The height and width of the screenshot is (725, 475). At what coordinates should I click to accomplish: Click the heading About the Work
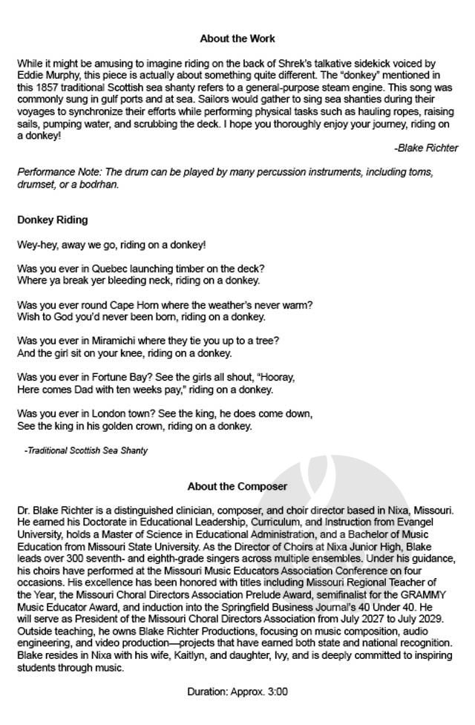[237, 38]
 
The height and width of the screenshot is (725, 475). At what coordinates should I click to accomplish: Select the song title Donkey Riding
[52, 220]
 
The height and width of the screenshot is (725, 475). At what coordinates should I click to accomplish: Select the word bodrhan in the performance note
[99, 185]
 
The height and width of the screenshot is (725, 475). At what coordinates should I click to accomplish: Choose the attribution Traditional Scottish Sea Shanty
[86, 450]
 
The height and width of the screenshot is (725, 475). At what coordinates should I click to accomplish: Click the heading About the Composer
[237, 487]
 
